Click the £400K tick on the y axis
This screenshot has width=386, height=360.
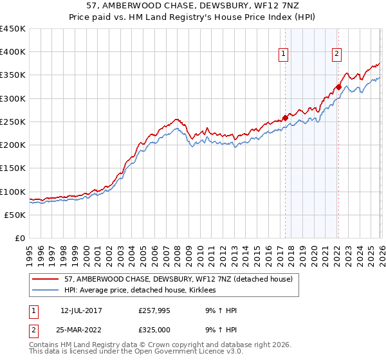pos(13,52)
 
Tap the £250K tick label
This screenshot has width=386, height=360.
pos(13,122)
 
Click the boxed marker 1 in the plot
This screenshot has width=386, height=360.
pos(284,55)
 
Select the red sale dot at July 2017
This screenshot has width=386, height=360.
pos(285,118)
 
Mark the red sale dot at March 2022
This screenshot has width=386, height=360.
pos(338,87)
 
